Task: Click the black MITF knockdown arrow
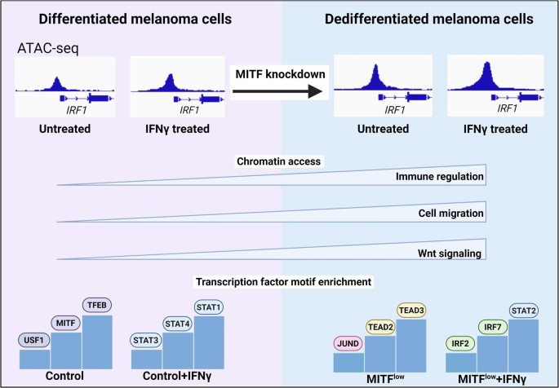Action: click(x=277, y=91)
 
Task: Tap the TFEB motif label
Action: click(x=97, y=305)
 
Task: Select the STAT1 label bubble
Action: click(x=209, y=306)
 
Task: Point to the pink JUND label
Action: click(x=348, y=343)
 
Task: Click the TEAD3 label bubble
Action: click(x=411, y=310)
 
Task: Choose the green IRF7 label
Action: click(x=493, y=327)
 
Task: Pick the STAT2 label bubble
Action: click(x=524, y=311)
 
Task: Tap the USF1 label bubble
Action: click(x=34, y=340)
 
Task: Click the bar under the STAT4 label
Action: click(x=178, y=351)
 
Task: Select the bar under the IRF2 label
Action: click(x=461, y=363)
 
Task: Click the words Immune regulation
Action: click(x=440, y=177)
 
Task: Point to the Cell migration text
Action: click(x=451, y=214)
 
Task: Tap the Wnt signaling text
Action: click(x=450, y=254)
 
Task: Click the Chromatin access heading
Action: click(x=279, y=161)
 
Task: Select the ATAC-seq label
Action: click(x=48, y=48)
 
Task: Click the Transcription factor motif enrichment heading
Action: click(x=284, y=282)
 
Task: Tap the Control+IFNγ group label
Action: click(x=177, y=376)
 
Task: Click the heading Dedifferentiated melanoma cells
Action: click(x=429, y=19)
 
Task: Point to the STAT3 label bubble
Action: click(x=145, y=340)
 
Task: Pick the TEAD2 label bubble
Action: click(x=380, y=327)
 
